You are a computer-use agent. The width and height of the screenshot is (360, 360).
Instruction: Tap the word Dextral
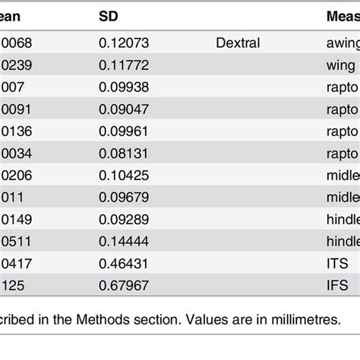click(x=238, y=43)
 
